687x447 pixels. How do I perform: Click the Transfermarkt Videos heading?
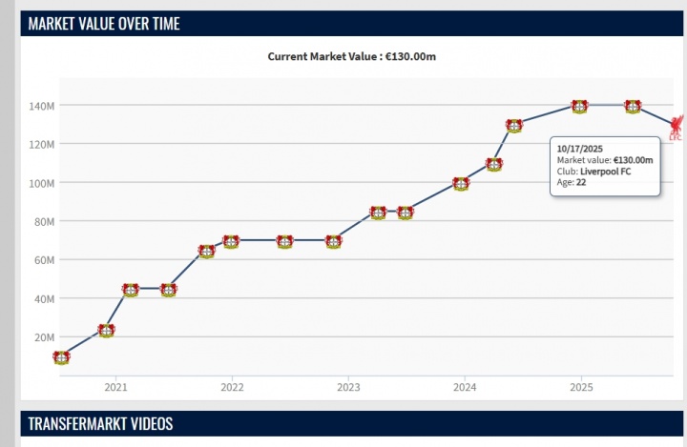(100, 423)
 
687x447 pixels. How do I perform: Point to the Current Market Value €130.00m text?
(351, 56)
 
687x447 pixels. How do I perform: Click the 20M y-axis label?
(46, 337)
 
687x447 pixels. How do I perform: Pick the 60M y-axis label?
(46, 260)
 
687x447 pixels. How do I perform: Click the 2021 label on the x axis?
(115, 388)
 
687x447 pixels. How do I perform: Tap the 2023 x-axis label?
(348, 388)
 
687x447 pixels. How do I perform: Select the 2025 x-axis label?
(581, 388)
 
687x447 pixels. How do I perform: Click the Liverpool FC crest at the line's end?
(677, 128)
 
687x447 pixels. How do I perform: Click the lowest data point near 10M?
(61, 357)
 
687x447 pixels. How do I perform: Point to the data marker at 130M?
(514, 125)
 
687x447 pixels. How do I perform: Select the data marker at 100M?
(461, 184)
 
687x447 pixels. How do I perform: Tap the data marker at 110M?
(493, 164)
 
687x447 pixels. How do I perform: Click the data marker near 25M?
(107, 330)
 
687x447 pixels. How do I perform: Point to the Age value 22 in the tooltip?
(581, 182)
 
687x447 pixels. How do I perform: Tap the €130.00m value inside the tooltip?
(634, 159)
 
